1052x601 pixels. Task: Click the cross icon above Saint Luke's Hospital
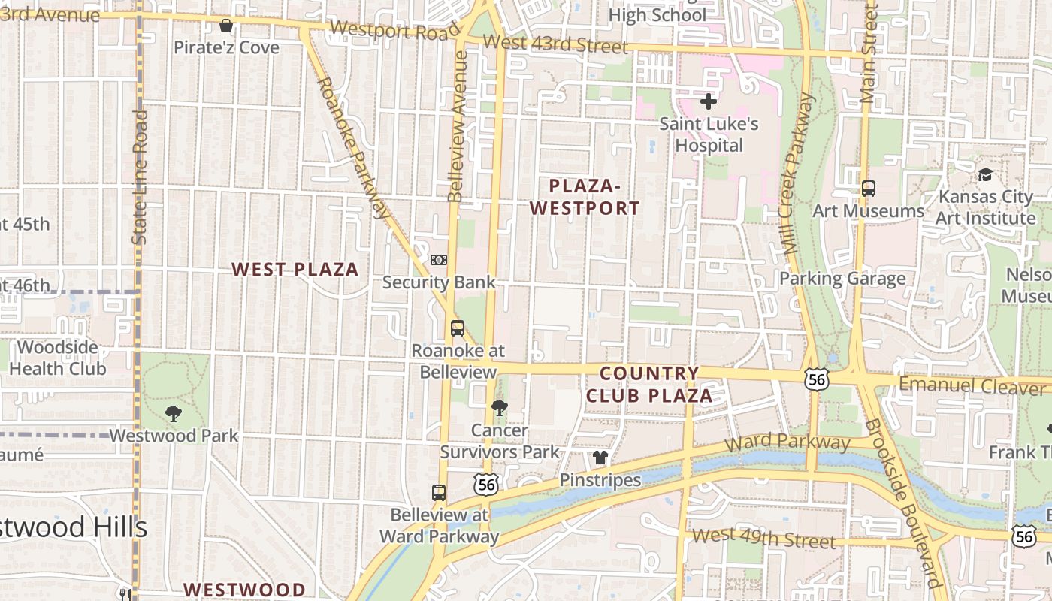pos(708,101)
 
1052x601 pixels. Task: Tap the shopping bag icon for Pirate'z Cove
pos(225,26)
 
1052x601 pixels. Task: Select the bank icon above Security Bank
pos(439,260)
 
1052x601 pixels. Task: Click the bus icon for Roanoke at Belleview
pos(457,328)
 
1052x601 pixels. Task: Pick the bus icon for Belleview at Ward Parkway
pos(439,493)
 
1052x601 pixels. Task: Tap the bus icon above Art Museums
pos(868,189)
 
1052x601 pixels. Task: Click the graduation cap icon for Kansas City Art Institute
pos(984,175)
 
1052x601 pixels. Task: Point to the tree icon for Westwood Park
pos(174,413)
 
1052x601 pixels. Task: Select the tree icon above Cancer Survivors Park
pos(499,408)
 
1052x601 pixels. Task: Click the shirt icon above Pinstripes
pos(600,458)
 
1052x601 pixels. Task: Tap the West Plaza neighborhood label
pos(295,270)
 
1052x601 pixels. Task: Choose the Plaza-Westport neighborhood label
pos(585,197)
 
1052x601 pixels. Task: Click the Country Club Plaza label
pos(649,385)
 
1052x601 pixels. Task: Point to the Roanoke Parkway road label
pos(354,146)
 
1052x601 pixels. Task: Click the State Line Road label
pos(140,177)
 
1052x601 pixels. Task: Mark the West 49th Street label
pos(763,538)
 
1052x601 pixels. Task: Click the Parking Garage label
pos(842,279)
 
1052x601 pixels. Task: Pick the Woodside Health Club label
pos(58,358)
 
